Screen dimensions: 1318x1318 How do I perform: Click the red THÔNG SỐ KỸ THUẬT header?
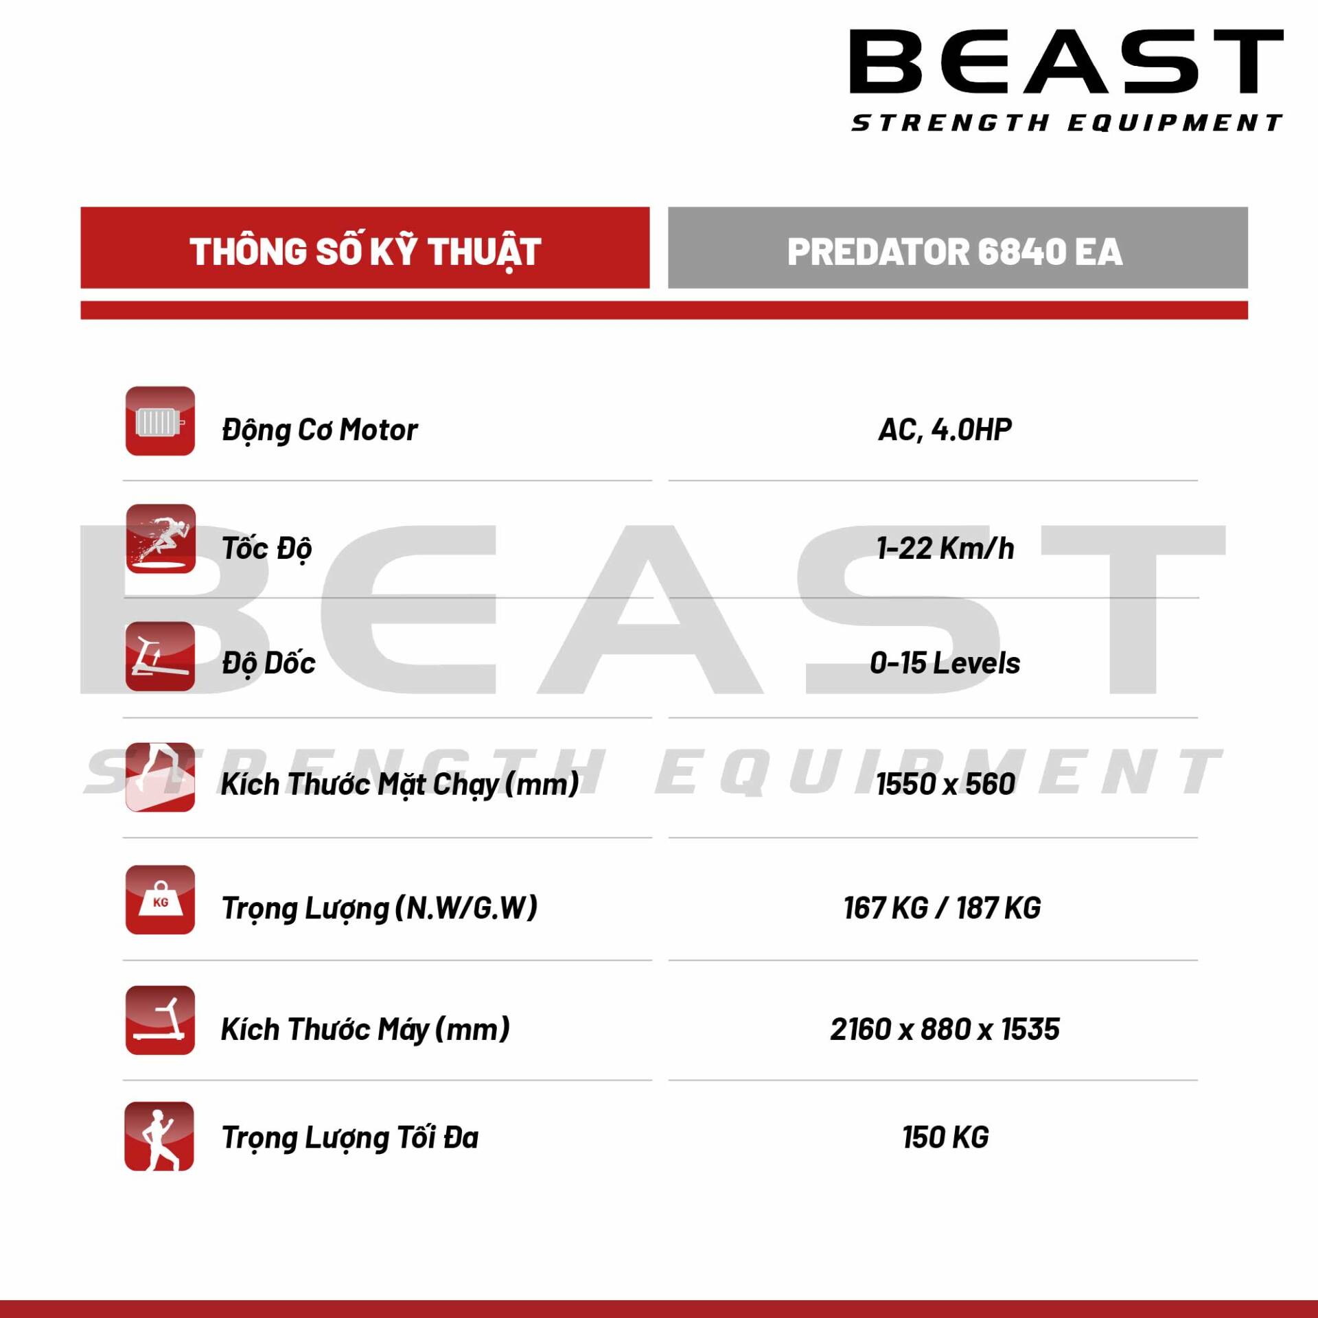(x=365, y=248)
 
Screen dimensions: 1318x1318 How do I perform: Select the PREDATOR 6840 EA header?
(x=957, y=248)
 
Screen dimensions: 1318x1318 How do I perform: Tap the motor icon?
(x=160, y=421)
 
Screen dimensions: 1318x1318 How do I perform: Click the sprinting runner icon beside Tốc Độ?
(x=161, y=539)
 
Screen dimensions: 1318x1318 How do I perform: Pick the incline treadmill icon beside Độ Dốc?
(x=160, y=656)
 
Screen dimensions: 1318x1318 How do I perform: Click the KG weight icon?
(x=160, y=900)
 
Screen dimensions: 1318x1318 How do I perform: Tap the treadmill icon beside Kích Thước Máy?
(x=160, y=1020)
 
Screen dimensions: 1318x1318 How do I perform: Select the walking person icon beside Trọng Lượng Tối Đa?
(x=159, y=1136)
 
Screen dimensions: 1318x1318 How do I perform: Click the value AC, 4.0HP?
(x=945, y=430)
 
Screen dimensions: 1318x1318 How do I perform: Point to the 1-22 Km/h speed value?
(x=945, y=548)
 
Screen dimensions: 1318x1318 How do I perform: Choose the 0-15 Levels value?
(x=945, y=663)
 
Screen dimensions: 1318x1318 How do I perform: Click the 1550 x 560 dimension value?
(x=945, y=784)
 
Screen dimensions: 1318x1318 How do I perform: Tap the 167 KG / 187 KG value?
(x=942, y=908)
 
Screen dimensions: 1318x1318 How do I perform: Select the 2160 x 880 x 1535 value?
(x=945, y=1029)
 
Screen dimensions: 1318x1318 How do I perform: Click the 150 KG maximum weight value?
(x=945, y=1137)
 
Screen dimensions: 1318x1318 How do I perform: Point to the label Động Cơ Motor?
(x=319, y=430)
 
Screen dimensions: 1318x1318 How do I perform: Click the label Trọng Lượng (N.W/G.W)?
(x=379, y=908)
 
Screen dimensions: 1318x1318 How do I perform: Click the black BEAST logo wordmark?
(x=1066, y=61)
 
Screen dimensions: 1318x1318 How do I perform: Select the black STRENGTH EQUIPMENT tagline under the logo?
(x=1066, y=123)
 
